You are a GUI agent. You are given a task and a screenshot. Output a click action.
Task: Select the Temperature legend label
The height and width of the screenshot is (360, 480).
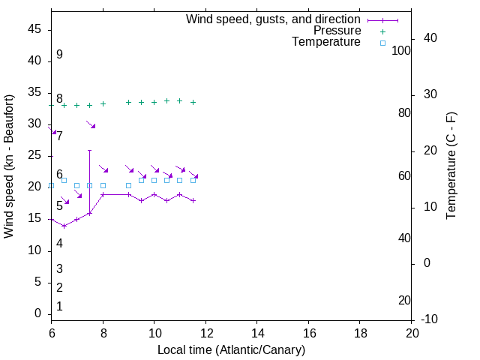pos(326,43)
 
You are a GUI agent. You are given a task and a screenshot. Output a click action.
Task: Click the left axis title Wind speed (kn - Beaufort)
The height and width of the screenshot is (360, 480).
pos(9,166)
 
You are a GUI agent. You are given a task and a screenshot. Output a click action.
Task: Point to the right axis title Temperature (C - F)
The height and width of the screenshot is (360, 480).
pos(451,166)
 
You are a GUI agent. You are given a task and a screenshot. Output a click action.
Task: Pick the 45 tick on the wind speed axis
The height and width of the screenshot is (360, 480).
pos(34,30)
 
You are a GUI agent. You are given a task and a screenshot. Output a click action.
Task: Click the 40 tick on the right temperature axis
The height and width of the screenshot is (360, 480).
pos(430,38)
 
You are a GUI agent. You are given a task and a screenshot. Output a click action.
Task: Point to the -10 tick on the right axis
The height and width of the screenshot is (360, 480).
pos(430,319)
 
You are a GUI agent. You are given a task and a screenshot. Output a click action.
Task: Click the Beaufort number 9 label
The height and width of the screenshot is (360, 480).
pos(59,55)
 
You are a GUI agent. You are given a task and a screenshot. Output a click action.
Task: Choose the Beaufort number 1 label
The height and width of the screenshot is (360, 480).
pos(59,307)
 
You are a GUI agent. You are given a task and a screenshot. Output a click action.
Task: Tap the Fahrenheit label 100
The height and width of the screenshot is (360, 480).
pos(402,50)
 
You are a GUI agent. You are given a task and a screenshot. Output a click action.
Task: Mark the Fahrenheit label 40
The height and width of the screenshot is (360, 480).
pos(404,238)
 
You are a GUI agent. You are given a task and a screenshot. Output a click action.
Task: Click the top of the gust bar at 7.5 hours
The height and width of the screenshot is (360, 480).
pos(90,150)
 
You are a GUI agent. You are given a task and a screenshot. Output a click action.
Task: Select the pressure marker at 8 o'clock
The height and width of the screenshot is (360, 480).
pos(103,104)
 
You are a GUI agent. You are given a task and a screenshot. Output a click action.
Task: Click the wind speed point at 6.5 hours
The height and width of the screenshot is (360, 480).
pos(64,225)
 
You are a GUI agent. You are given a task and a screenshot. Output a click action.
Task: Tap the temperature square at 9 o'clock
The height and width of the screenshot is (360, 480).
pos(128,185)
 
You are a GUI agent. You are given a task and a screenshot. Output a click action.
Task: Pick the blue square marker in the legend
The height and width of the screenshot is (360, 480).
pos(382,43)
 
